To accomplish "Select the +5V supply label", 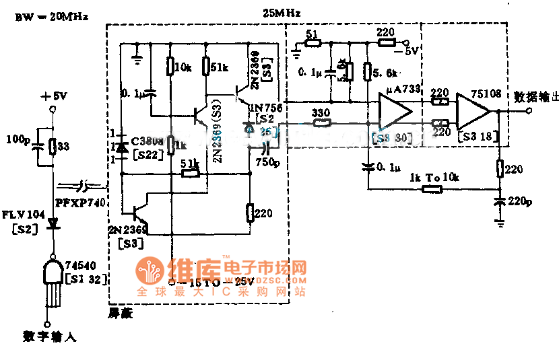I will [53, 97].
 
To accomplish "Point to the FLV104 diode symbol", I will [53, 225].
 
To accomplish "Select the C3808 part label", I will [147, 141].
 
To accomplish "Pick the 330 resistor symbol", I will [321, 124].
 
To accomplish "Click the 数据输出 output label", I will [535, 96].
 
